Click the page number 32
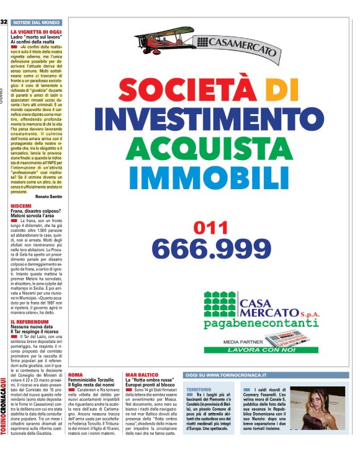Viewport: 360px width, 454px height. (4, 22)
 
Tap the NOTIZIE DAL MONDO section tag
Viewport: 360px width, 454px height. (35, 22)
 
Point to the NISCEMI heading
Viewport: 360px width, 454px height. (21, 205)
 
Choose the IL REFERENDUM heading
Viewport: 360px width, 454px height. (29, 323)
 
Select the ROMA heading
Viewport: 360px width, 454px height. (75, 375)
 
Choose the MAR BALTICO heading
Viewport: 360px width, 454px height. (140, 375)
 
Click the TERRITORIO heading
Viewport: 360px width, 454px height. (199, 389)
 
